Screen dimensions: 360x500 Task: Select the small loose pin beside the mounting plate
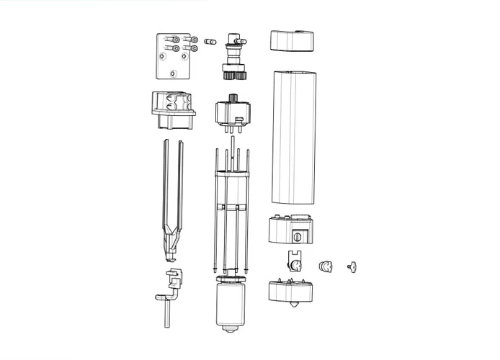pos(210,41)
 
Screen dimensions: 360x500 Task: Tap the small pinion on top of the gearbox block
pos(232,98)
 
